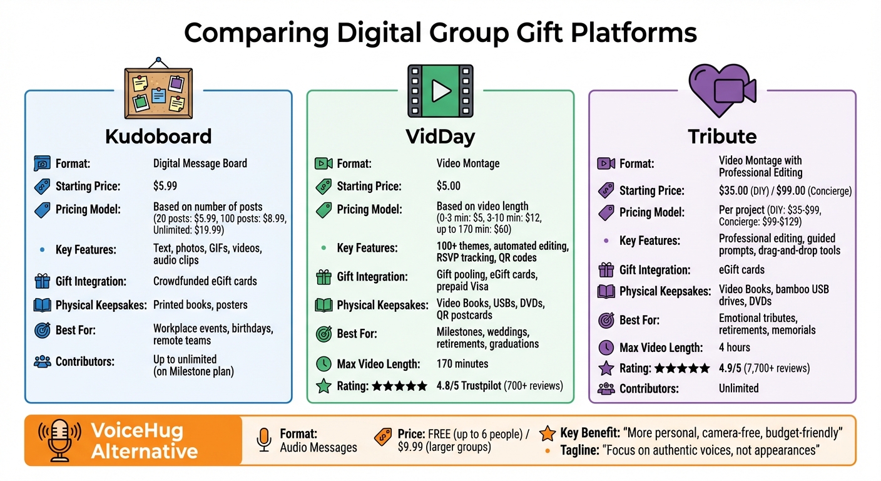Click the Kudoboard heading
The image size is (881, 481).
[158, 136]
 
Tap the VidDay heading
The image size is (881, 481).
[440, 136]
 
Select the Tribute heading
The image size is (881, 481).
[722, 136]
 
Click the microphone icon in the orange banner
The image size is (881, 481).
[60, 440]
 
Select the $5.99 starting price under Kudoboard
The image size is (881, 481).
[166, 186]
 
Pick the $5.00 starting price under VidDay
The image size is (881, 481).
[449, 186]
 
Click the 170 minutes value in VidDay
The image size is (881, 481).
[462, 363]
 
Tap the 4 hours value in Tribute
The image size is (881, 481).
[735, 347]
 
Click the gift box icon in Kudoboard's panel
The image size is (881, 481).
[42, 281]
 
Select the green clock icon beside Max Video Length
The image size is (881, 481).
[323, 363]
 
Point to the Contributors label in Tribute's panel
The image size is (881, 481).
[649, 388]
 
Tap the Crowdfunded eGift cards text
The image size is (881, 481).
[205, 281]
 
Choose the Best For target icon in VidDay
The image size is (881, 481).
[323, 334]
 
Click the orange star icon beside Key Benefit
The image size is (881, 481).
[547, 433]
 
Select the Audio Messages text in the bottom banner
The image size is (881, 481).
[318, 447]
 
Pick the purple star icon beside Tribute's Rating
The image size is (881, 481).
[606, 368]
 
